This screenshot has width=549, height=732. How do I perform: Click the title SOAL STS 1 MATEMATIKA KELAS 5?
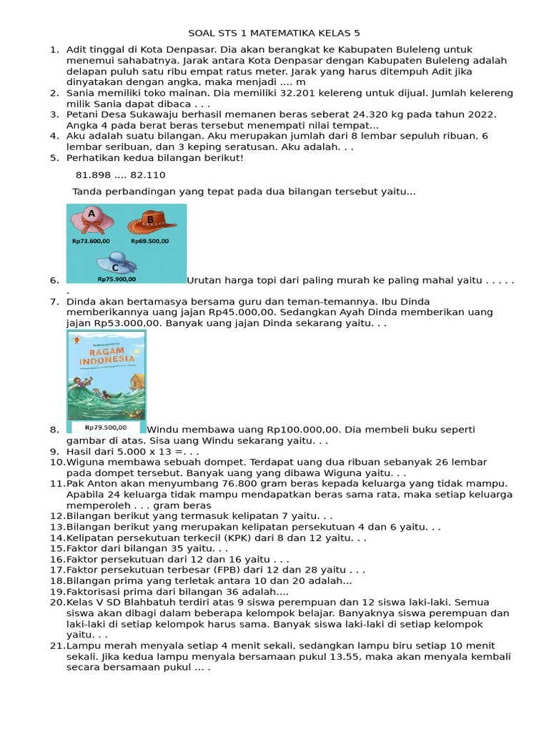point(279,33)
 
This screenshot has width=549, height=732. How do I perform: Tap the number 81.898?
point(93,175)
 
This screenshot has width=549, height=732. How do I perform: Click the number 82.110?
point(148,175)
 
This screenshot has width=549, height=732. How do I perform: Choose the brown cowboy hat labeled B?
point(152,222)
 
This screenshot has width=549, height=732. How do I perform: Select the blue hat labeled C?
point(117,262)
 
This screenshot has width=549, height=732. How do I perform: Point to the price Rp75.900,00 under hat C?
point(117,279)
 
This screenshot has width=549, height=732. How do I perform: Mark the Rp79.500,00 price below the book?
point(107,427)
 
